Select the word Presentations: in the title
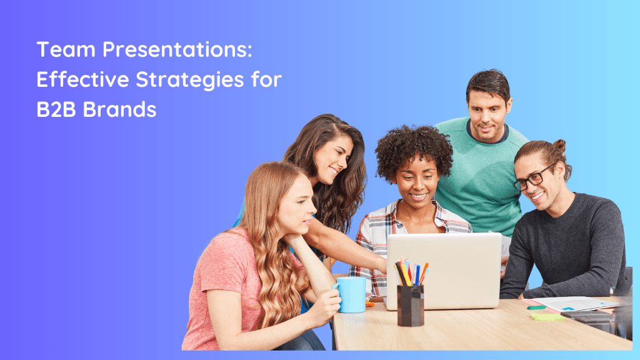(x=178, y=50)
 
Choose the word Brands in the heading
(x=120, y=109)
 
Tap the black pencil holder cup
(x=410, y=304)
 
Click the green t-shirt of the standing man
(x=481, y=181)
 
